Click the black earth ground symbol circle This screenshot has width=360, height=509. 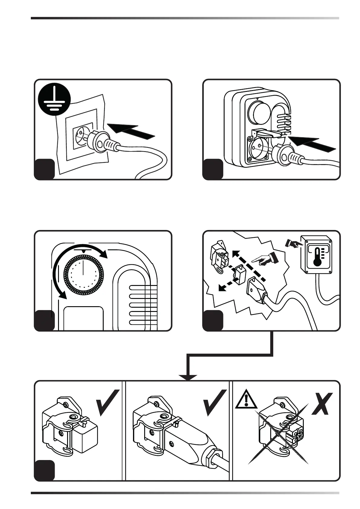point(55,99)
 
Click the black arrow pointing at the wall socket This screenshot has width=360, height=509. point(131,132)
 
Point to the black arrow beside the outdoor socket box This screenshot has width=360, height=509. point(313,144)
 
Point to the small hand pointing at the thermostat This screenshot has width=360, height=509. point(293,243)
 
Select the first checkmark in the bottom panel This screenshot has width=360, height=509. point(107,402)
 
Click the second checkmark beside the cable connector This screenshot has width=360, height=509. point(215,402)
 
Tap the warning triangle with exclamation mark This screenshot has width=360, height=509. point(246,400)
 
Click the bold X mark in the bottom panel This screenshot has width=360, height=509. point(322,404)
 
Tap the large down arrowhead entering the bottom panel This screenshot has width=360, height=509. point(188,378)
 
